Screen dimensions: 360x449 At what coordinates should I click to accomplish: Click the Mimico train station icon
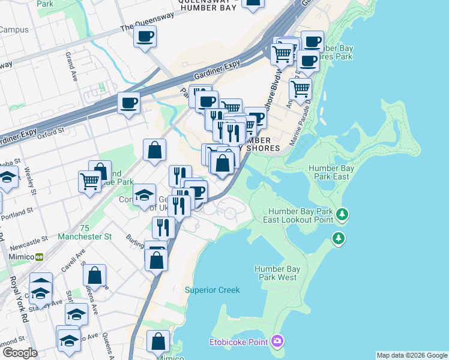coord(40,256)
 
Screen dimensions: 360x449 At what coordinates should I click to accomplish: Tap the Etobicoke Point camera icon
coord(277,342)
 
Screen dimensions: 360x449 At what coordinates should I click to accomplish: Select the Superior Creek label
coord(212,290)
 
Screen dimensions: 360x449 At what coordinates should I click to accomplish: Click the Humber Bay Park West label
coord(276,273)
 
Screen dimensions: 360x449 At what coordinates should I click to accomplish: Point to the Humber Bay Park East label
coord(328,173)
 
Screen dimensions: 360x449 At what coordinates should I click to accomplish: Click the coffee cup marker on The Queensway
coord(145,37)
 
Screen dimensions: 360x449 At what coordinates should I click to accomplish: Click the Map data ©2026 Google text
coord(412,355)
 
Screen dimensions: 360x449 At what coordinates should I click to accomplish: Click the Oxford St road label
coord(50,133)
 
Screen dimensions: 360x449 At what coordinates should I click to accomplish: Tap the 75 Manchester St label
coord(85,232)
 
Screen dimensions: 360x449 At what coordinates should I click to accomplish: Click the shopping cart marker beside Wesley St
coord(89,180)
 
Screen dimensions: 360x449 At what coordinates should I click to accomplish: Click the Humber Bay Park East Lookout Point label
coord(300,215)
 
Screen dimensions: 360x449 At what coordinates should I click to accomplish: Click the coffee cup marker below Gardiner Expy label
coord(129,104)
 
